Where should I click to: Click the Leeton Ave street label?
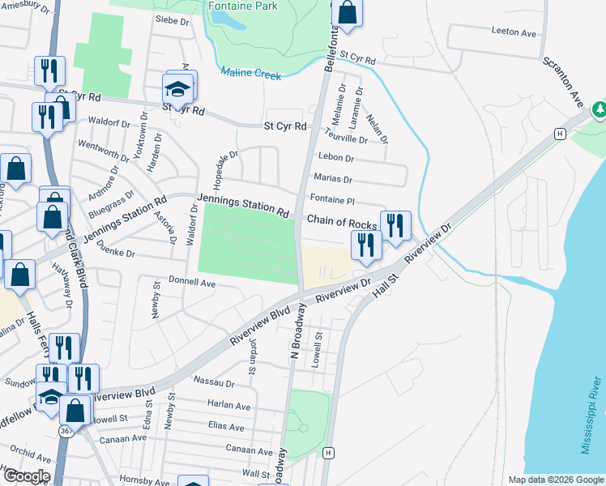(x=514, y=33)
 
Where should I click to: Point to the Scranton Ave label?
(x=563, y=82)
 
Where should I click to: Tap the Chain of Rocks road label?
(x=341, y=223)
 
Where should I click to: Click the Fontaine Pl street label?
(x=333, y=199)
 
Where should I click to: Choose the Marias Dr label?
(x=334, y=180)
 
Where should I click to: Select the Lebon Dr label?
(x=336, y=158)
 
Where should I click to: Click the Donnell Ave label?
(x=191, y=283)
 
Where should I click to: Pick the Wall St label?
(x=254, y=473)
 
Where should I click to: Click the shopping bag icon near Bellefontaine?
(x=347, y=13)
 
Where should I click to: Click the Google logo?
(x=27, y=476)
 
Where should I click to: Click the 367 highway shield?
(x=66, y=432)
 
